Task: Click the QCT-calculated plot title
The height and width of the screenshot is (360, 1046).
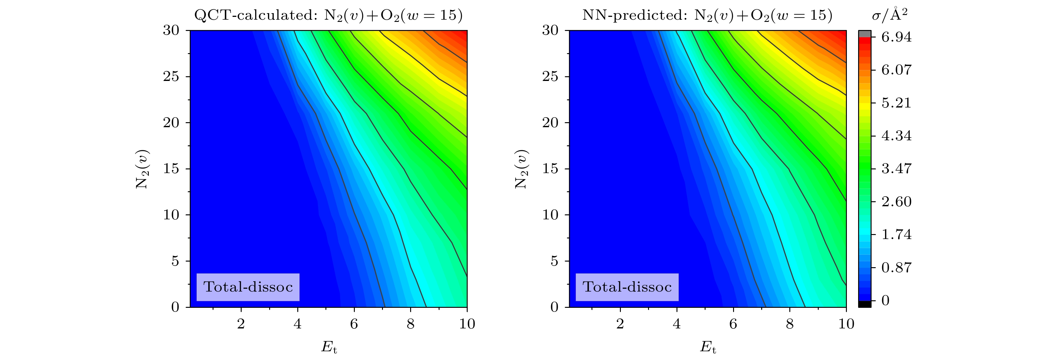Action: (328, 15)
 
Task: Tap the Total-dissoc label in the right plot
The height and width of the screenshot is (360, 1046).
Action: (627, 287)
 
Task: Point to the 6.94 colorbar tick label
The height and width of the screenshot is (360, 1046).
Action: (896, 37)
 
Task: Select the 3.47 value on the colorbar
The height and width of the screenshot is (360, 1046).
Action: (896, 168)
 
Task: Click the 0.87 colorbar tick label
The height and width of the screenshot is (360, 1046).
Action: (896, 267)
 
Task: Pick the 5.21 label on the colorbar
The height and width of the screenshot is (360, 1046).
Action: (896, 103)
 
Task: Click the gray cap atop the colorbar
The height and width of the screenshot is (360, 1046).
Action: (864, 34)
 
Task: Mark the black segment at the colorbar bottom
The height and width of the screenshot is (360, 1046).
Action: (864, 304)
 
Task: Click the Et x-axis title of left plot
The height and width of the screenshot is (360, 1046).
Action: (329, 347)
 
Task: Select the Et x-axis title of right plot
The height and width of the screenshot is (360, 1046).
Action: (708, 347)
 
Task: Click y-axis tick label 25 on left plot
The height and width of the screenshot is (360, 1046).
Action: (171, 77)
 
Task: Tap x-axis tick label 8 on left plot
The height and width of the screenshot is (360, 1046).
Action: (410, 324)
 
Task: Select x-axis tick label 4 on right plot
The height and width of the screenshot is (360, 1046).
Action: (676, 324)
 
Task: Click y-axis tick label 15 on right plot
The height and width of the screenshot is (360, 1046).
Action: (550, 169)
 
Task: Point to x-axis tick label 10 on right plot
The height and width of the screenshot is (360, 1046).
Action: (846, 324)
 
